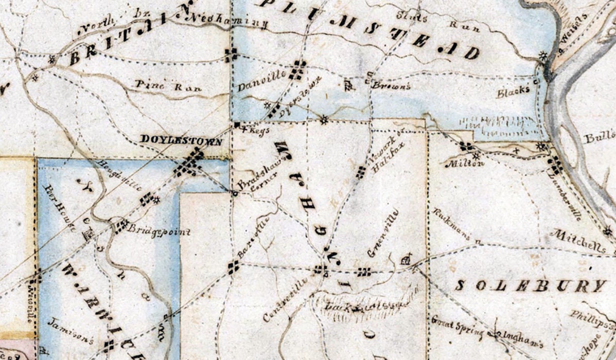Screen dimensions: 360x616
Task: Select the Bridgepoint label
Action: tap(159, 232)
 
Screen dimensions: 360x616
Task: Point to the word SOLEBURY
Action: tap(530, 286)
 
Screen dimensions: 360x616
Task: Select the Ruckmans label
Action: tap(451, 224)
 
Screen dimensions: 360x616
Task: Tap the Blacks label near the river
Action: tap(513, 92)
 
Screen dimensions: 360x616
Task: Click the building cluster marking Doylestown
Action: tap(189, 164)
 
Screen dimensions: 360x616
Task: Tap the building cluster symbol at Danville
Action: tap(297, 69)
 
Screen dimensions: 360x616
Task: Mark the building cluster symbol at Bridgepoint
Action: tap(121, 226)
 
